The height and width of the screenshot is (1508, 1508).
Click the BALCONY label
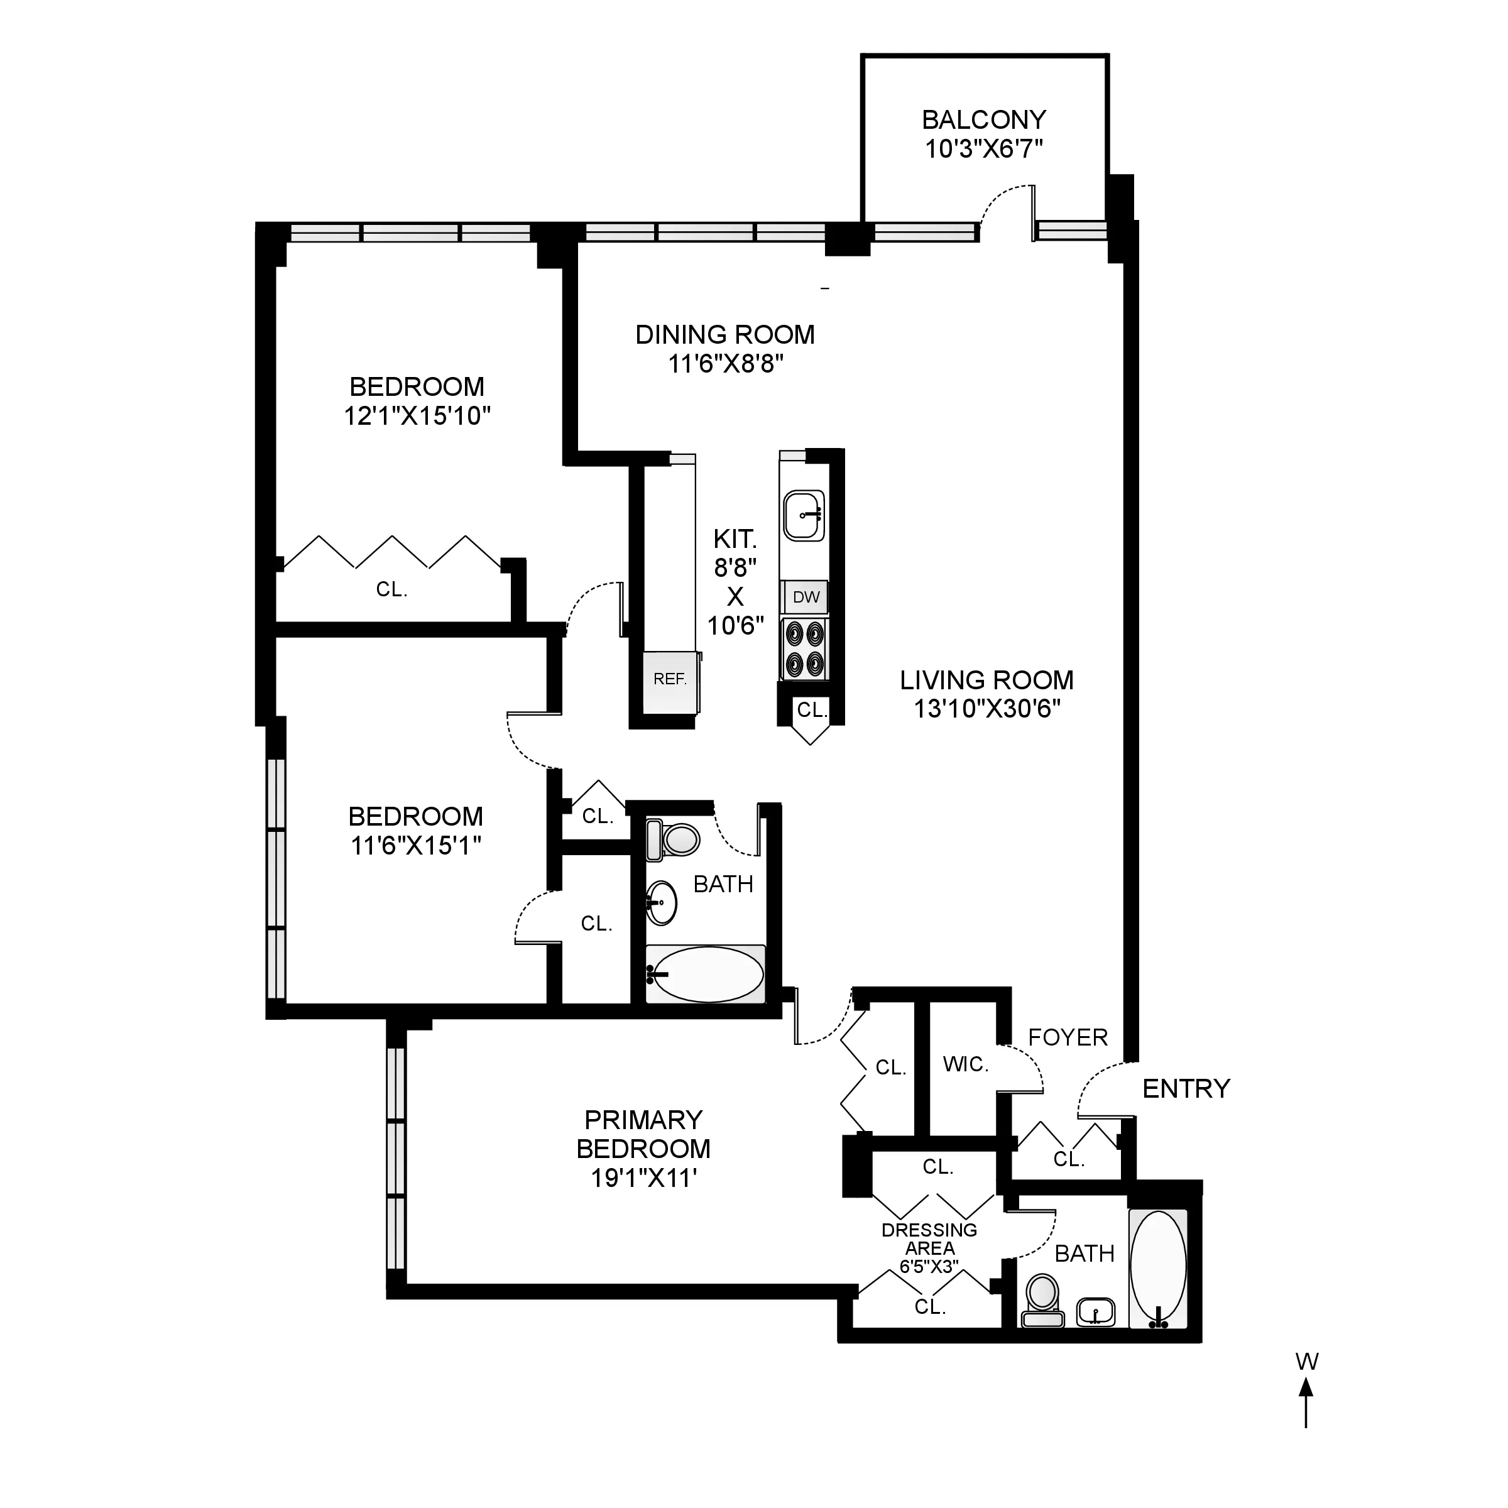[x=983, y=120]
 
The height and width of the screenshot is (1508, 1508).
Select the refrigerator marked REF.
[x=670, y=680]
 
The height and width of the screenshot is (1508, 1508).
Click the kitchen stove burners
[x=805, y=650]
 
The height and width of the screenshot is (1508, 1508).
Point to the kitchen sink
[x=804, y=515]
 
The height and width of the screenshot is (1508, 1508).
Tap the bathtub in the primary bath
[x=1158, y=1269]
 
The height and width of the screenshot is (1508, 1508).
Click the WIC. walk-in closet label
[x=966, y=1064]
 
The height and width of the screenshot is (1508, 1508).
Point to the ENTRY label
[x=1186, y=1089]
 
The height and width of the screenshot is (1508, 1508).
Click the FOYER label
[x=1068, y=1038]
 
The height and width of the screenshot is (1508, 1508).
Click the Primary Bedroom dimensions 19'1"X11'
[x=643, y=1178]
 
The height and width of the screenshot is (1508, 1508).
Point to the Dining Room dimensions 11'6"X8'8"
[x=725, y=364]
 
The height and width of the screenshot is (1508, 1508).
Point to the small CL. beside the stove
[x=811, y=709]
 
